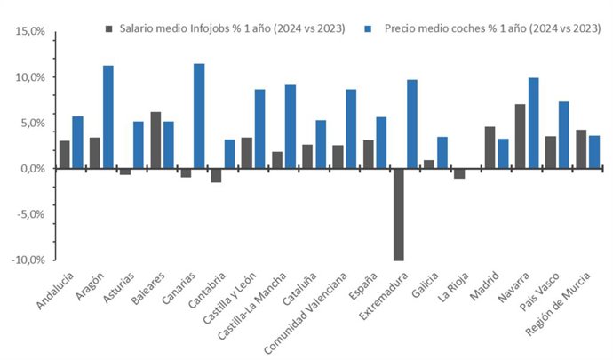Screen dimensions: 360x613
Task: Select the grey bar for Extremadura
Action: point(398,214)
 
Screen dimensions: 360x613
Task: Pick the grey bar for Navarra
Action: point(520,136)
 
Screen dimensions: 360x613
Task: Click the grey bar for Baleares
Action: point(155,140)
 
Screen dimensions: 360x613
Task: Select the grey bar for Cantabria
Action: point(216,175)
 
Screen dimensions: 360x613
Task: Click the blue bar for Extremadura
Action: point(411,124)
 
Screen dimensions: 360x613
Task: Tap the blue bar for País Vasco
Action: point(563,134)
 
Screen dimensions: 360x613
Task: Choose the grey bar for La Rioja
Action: point(459,173)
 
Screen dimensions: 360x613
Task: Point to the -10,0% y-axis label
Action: point(28,260)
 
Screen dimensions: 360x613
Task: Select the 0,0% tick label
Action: point(31,169)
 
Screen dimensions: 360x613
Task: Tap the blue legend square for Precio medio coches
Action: point(369,28)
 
